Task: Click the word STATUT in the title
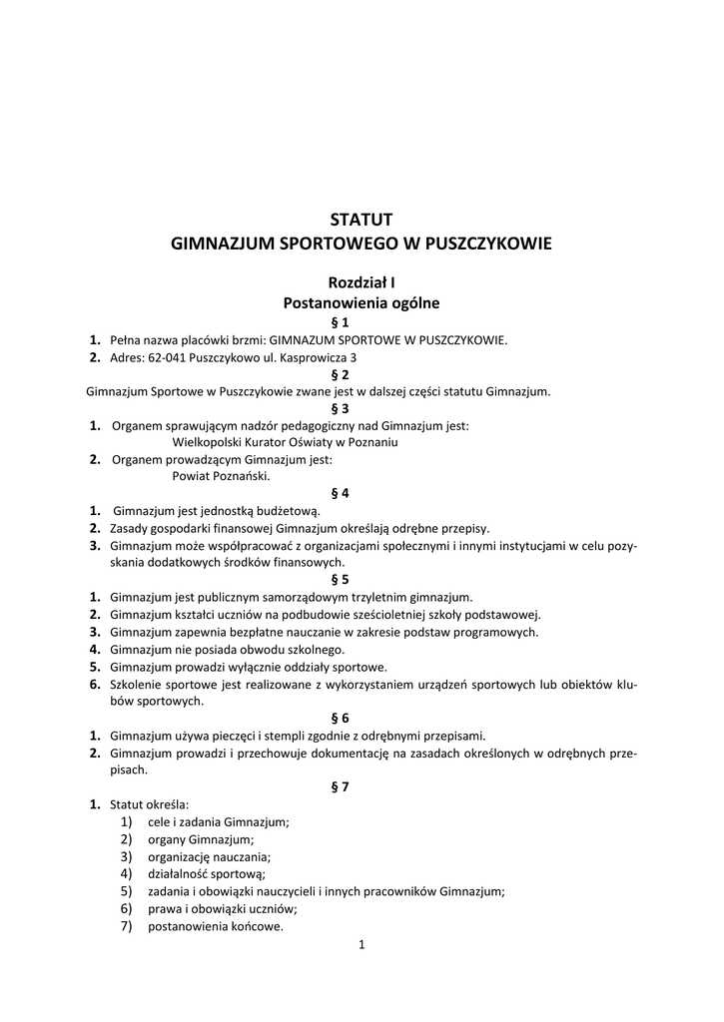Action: click(x=362, y=219)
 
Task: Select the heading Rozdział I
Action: click(x=362, y=282)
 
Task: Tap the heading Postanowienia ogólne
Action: click(x=362, y=302)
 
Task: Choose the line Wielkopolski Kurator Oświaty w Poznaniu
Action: click(x=285, y=442)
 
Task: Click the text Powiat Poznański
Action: click(x=214, y=476)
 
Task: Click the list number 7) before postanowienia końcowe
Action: click(x=126, y=925)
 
